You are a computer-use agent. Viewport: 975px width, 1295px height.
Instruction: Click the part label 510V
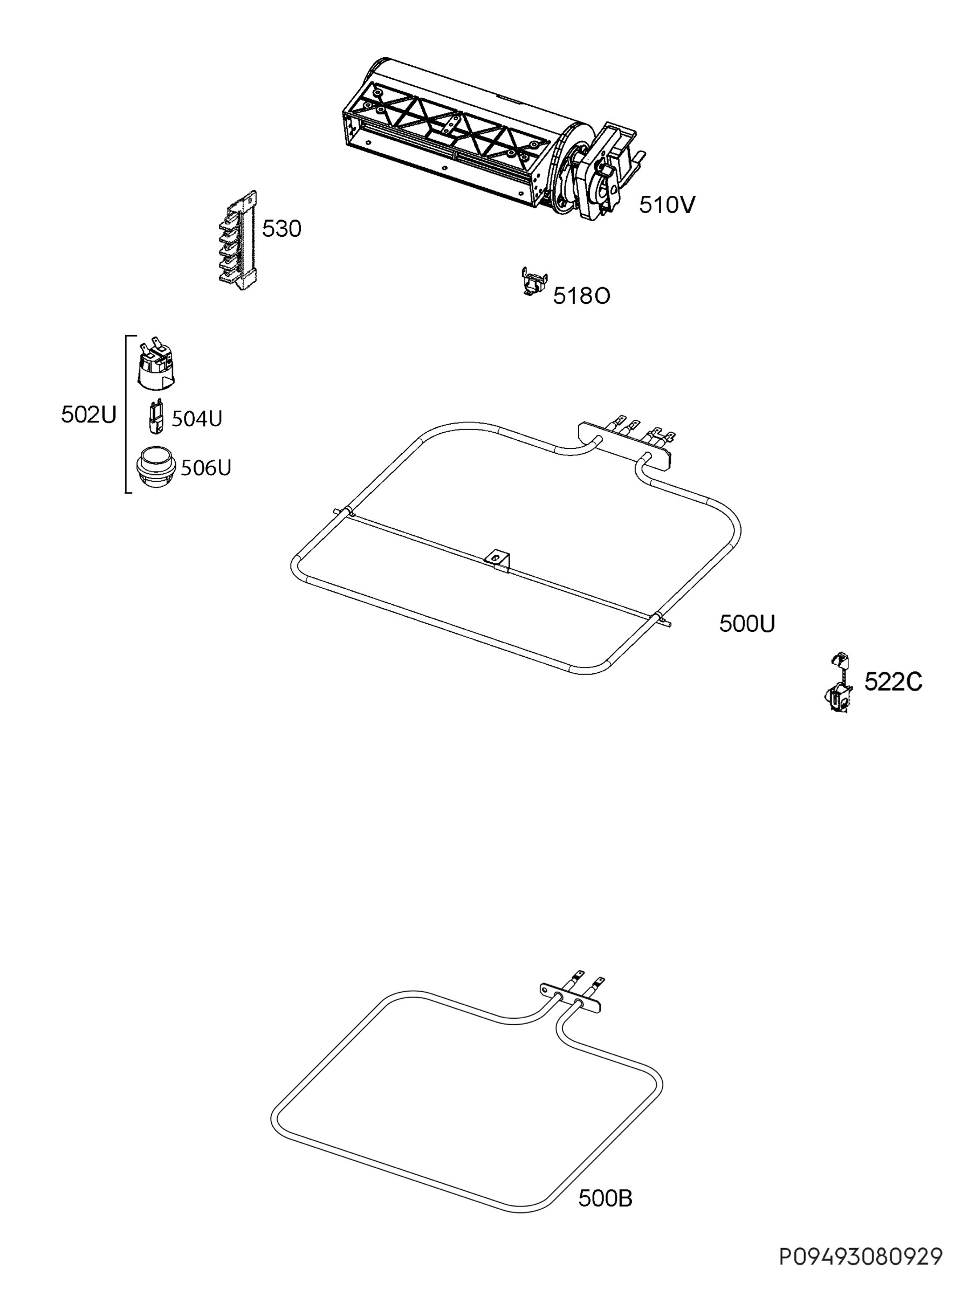click(x=667, y=205)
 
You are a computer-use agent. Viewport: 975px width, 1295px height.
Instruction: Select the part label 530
click(x=281, y=229)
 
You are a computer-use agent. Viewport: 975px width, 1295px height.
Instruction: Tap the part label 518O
click(x=582, y=296)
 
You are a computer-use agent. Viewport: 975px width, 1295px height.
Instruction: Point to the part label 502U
click(x=89, y=414)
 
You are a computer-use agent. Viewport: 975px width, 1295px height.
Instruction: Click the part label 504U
click(x=197, y=419)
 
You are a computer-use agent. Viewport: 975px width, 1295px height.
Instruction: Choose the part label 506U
click(x=206, y=468)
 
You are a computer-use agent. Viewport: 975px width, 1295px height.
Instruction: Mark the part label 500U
click(x=747, y=624)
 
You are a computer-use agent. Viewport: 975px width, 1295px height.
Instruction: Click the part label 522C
click(x=893, y=681)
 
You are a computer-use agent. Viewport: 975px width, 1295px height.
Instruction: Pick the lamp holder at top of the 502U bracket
click(x=156, y=363)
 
